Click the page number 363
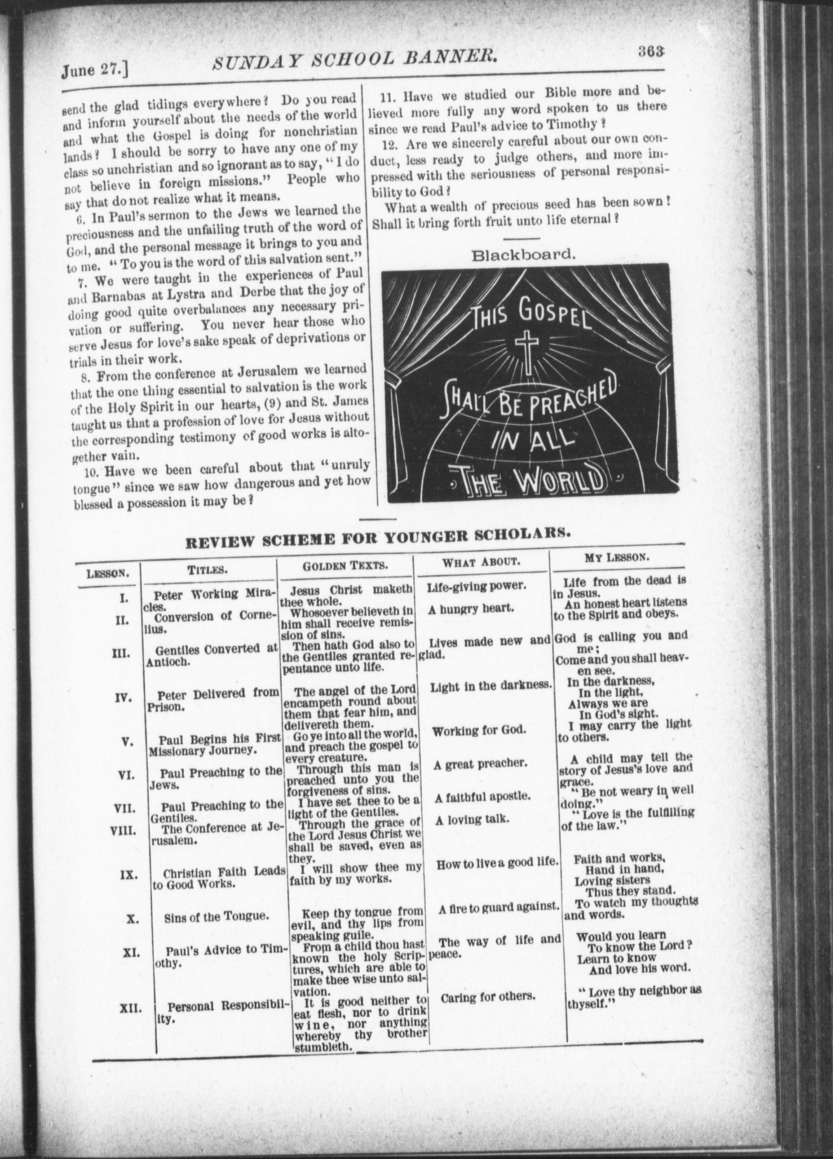tap(652, 52)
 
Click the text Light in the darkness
tap(491, 686)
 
